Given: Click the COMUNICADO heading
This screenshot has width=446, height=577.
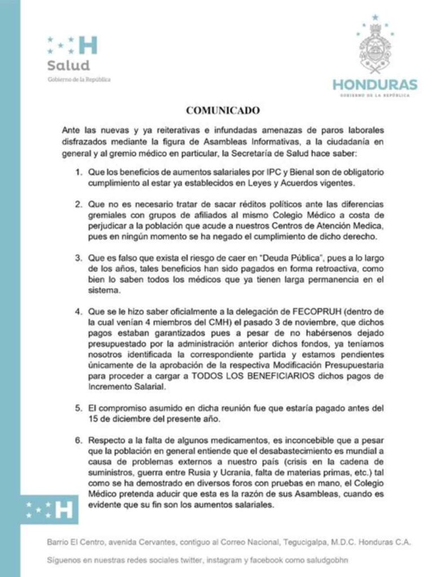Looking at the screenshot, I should [223, 109].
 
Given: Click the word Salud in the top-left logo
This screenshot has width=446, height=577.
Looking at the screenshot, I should [68, 65].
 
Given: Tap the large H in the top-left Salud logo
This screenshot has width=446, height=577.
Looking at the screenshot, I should [87, 45].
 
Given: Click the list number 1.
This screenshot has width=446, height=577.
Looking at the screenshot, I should [80, 170].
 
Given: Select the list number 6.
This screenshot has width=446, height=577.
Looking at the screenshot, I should [80, 438].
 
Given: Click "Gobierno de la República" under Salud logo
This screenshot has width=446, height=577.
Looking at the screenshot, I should [79, 79].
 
